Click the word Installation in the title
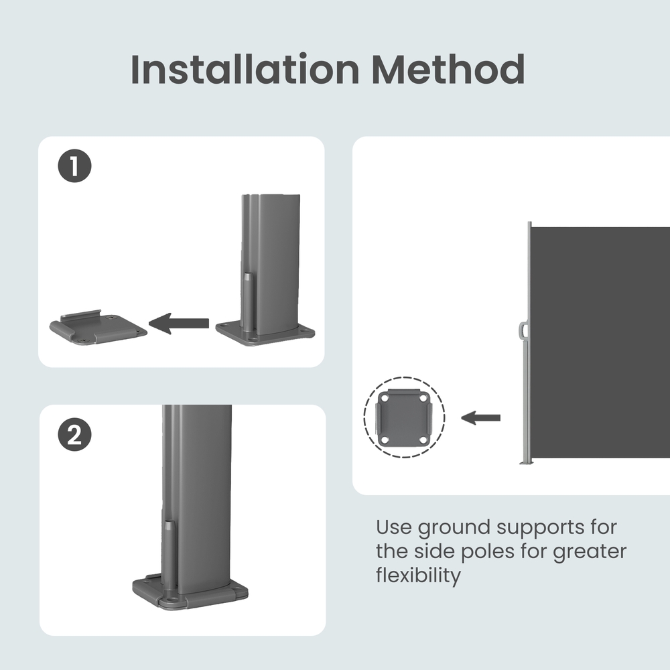click(245, 69)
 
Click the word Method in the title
click(448, 69)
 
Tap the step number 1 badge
click(75, 165)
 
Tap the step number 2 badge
click(75, 435)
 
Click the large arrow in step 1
click(179, 323)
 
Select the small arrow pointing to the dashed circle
click(480, 417)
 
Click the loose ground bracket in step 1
click(98, 328)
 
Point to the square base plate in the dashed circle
click(404, 417)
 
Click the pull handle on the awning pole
click(523, 330)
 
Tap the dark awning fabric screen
click(600, 342)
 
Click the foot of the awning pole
click(526, 462)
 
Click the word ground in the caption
click(454, 528)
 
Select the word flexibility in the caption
click(418, 575)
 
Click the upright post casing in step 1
click(271, 263)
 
